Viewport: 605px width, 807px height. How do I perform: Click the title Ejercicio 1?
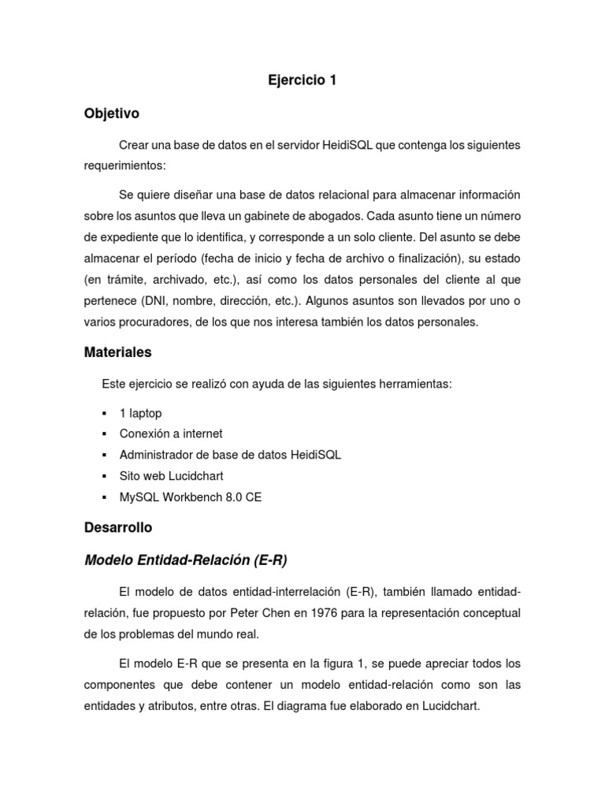[x=302, y=80]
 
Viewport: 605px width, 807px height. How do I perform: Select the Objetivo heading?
[x=111, y=113]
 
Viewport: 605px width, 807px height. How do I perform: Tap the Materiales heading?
[x=117, y=352]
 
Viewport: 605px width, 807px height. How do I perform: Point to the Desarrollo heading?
[x=118, y=526]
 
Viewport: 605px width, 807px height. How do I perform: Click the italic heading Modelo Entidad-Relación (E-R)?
[x=185, y=560]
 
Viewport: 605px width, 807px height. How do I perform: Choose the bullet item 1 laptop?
[x=140, y=413]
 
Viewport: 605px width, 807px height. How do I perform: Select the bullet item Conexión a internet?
[x=171, y=433]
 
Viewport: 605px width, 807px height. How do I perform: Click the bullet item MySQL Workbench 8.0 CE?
[x=191, y=497]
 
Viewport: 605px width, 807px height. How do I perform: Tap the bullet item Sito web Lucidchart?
[x=172, y=476]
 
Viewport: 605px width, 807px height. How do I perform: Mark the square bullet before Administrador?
[x=104, y=455]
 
